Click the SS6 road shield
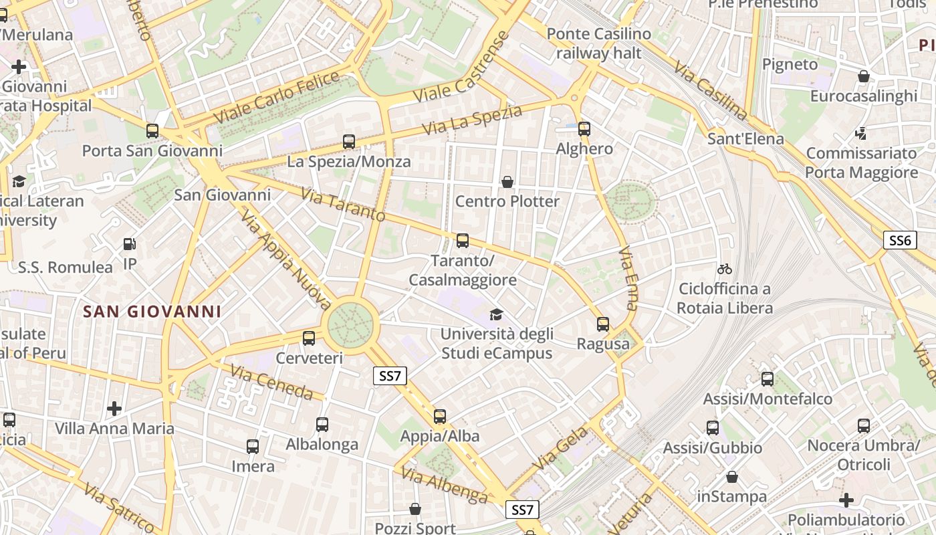coord(899,241)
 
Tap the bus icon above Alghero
coord(584,129)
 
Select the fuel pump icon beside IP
coord(130,245)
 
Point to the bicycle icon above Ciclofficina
coord(725,269)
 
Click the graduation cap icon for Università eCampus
coord(496,314)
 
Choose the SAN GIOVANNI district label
coord(152,312)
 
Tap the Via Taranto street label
coord(343,204)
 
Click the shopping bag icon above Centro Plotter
coord(507,182)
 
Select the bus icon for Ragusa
coord(603,324)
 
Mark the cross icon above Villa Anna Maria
coord(114,408)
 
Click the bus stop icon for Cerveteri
coord(309,338)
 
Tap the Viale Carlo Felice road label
coord(277,98)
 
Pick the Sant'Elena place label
coord(745,139)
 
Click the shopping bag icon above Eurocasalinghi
coord(864,76)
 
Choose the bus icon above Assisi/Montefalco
coord(768,379)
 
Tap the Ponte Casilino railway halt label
coord(598,43)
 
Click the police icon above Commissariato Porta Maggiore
coord(861,134)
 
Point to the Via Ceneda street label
coord(271,383)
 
